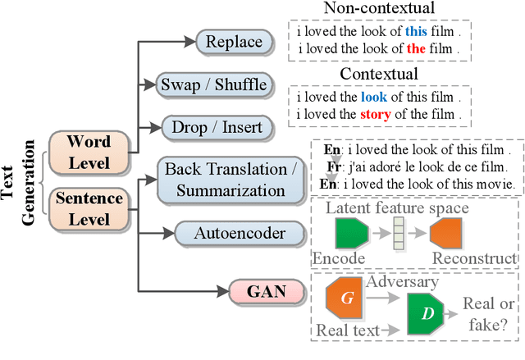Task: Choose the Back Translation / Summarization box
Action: pyautogui.click(x=231, y=180)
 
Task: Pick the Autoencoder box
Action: pyautogui.click(x=240, y=233)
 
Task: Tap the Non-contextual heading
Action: pyautogui.click(x=379, y=9)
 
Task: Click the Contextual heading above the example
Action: pyautogui.click(x=379, y=74)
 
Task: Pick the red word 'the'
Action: pyautogui.click(x=417, y=48)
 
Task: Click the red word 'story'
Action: pyautogui.click(x=374, y=113)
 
